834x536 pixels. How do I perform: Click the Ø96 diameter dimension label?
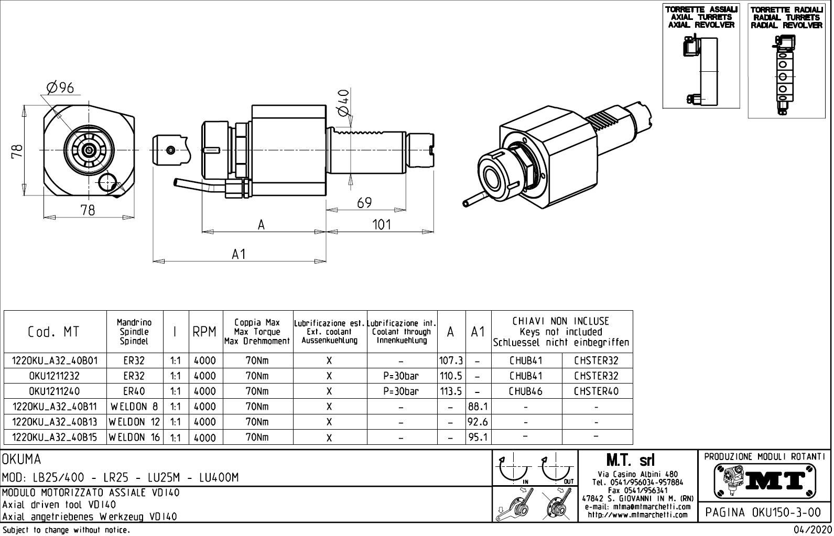(60, 88)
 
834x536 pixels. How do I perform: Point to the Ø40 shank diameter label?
(343, 103)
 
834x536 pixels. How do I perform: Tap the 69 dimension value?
(364, 203)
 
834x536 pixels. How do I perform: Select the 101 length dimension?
(381, 225)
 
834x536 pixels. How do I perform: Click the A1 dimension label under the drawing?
(239, 254)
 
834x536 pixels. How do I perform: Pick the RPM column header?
(204, 332)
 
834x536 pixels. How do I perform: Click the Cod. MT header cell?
(53, 332)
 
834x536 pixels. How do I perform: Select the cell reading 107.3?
(451, 360)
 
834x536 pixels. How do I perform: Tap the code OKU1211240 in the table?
(55, 391)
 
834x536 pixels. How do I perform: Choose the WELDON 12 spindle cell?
(134, 422)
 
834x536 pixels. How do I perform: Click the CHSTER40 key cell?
(596, 391)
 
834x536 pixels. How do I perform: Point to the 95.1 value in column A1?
(478, 437)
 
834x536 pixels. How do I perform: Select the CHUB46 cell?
(526, 391)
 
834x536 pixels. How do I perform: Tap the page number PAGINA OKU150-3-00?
(764, 511)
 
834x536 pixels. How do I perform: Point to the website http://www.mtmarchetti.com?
(637, 515)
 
